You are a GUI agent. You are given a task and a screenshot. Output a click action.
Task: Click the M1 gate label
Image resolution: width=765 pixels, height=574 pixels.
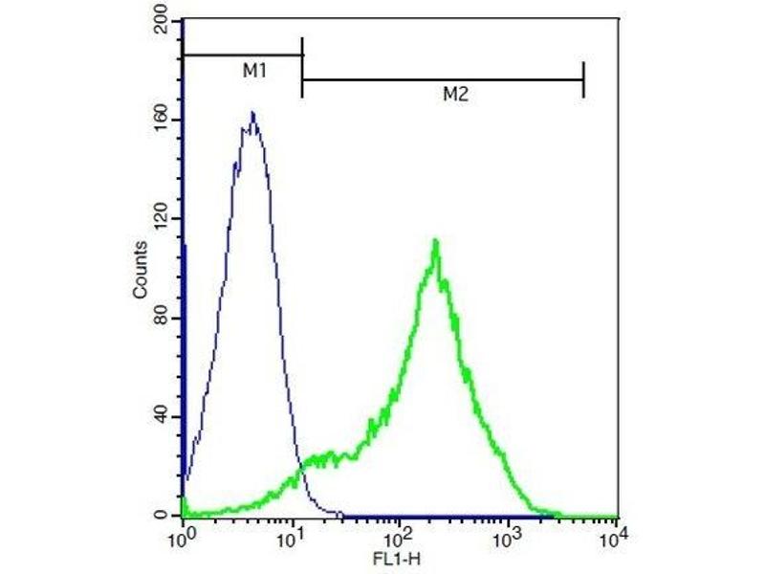[x=252, y=72]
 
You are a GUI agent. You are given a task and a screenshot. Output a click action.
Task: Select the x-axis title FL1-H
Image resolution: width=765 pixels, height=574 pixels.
[x=398, y=554]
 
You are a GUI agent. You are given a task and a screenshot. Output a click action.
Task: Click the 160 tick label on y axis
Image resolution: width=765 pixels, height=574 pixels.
[x=161, y=120]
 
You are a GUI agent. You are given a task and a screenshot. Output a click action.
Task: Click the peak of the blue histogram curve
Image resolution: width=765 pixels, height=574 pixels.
[x=252, y=113]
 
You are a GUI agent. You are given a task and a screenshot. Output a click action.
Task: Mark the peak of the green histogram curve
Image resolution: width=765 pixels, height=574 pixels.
[x=435, y=240]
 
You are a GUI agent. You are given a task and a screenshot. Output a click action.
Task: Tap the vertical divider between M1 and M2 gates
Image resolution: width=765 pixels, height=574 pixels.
[x=302, y=67]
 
